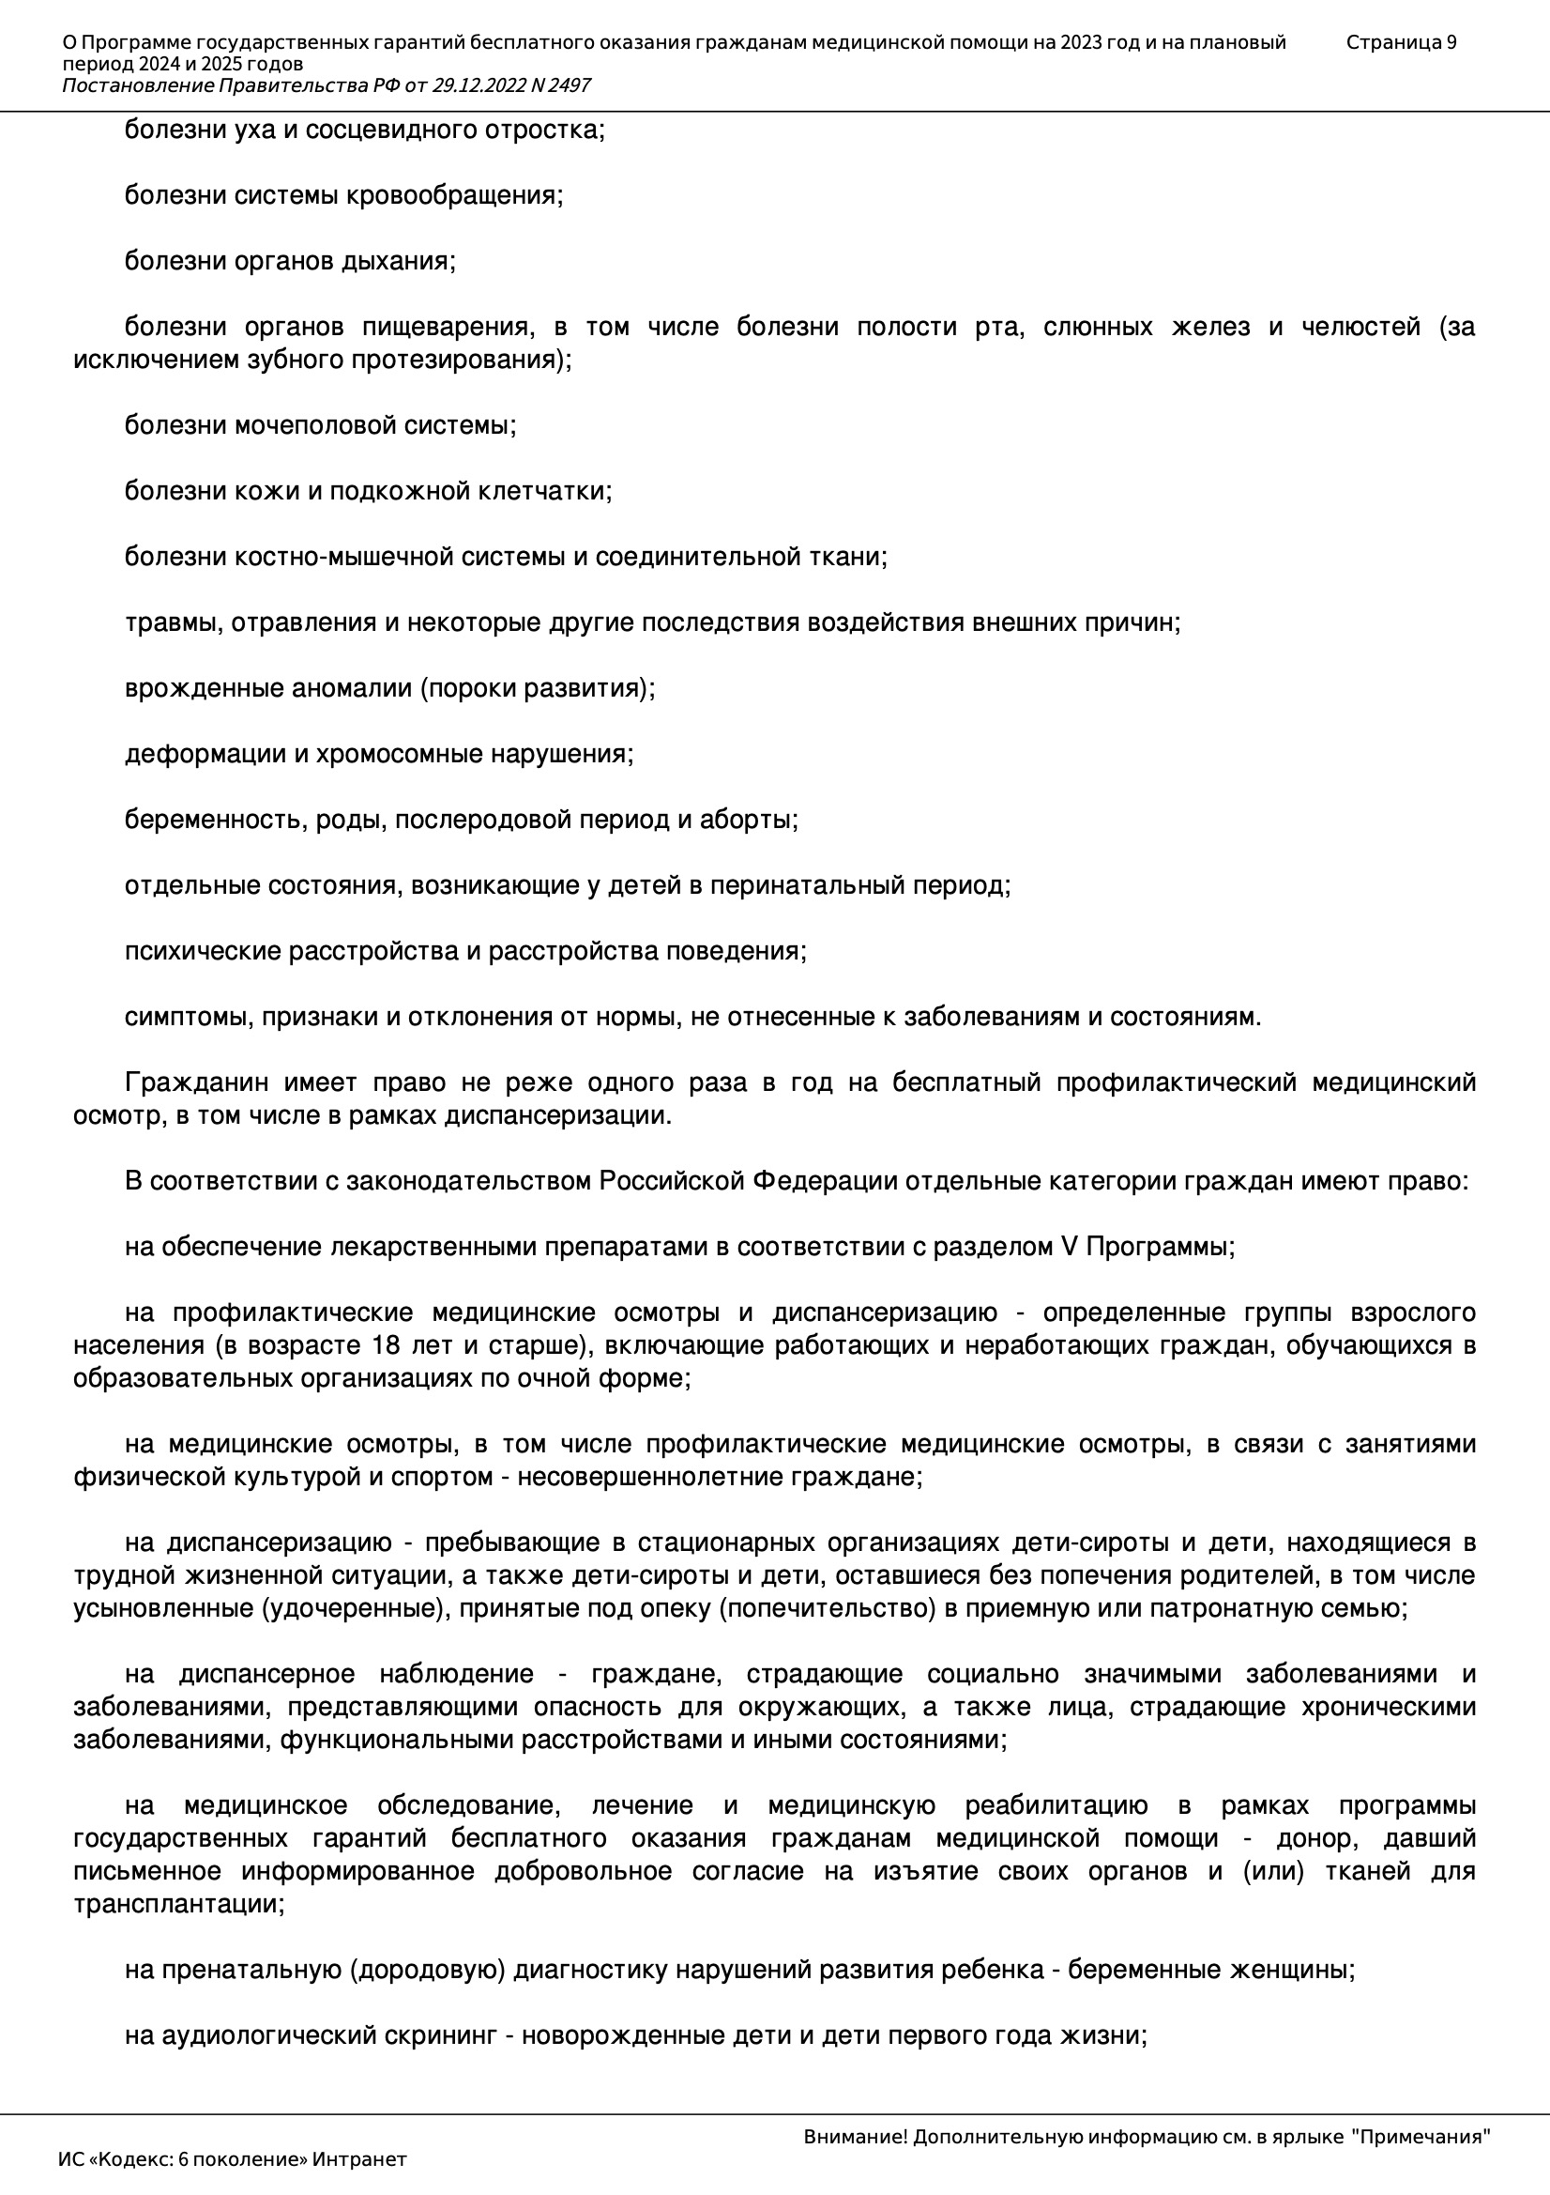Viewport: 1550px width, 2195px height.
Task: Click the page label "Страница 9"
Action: coord(1401,42)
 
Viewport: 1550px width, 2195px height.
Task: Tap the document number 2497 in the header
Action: coord(570,85)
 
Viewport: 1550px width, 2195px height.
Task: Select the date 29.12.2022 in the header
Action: coord(475,85)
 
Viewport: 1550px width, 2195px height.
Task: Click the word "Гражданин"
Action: coord(194,1082)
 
